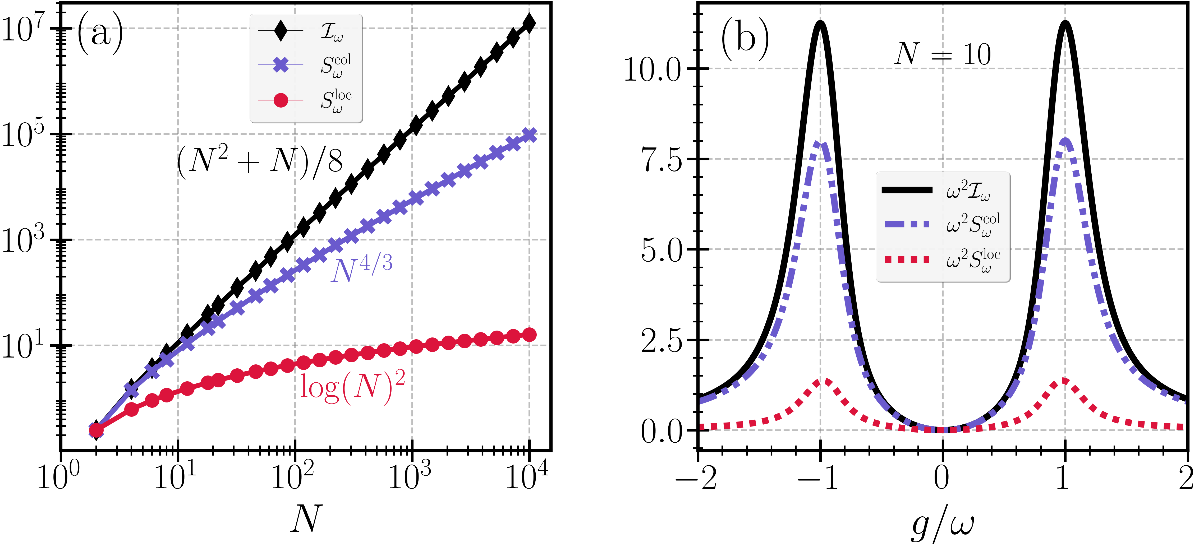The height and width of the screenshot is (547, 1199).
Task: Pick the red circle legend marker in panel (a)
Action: pos(281,100)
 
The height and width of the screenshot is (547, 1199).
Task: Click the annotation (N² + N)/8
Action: pos(260,161)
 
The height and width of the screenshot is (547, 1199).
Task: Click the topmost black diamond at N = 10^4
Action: pos(529,23)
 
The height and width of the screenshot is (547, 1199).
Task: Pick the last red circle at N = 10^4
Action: pos(529,335)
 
